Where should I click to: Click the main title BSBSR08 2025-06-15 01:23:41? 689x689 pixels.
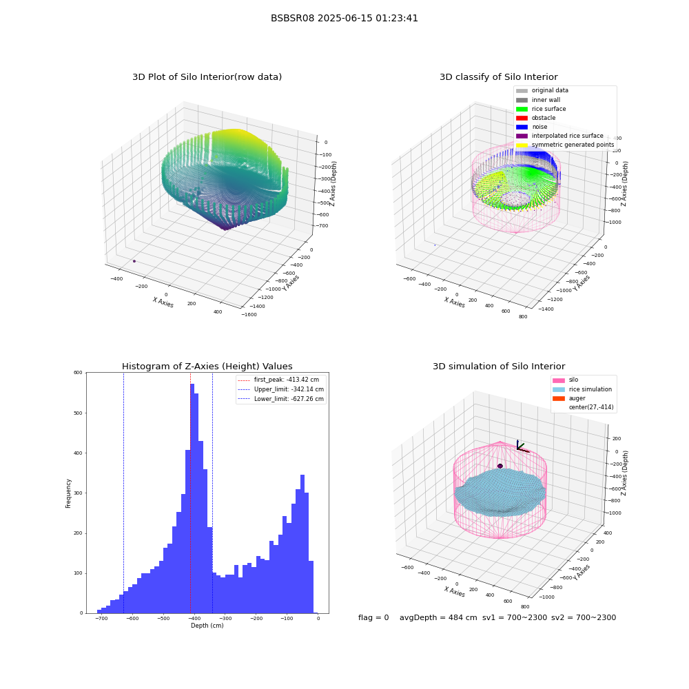[x=344, y=18]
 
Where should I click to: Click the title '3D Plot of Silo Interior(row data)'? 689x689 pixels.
[x=207, y=77]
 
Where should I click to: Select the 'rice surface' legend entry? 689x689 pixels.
[x=540, y=109]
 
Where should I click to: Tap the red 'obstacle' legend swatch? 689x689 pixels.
[x=522, y=118]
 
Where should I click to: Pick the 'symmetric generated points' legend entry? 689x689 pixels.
[x=565, y=145]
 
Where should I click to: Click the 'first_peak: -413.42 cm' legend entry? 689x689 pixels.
[x=278, y=380]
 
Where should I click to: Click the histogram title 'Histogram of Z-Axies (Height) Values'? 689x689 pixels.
[x=207, y=367]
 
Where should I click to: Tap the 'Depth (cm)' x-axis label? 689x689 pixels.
[x=207, y=626]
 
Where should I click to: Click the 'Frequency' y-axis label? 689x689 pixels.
[x=68, y=493]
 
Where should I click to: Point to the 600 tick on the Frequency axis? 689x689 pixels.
[x=78, y=373]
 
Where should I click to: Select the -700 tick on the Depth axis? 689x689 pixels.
[x=101, y=618]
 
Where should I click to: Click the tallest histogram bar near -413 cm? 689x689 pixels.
[x=192, y=498]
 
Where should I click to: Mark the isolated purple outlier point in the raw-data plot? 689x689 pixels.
[x=134, y=261]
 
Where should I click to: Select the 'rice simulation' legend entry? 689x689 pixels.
[x=582, y=389]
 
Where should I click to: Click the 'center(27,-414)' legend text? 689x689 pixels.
[x=591, y=407]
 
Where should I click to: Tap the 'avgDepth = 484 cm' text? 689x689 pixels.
[x=438, y=617]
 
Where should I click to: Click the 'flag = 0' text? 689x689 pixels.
[x=373, y=617]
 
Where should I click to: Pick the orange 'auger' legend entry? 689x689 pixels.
[x=569, y=398]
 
